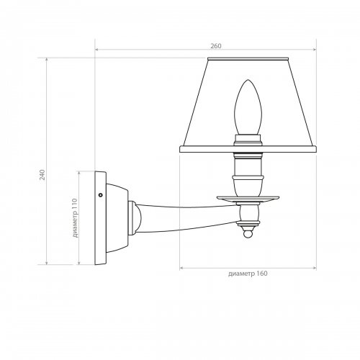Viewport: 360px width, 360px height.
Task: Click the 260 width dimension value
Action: [x=216, y=46]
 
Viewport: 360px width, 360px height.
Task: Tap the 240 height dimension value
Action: [x=42, y=175]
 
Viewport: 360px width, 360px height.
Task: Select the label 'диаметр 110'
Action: [x=75, y=218]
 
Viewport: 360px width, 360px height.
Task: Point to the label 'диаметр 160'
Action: [x=248, y=274]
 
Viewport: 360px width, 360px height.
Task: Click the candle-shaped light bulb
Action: [x=248, y=107]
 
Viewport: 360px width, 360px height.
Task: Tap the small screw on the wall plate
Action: [x=101, y=195]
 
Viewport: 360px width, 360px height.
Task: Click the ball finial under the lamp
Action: [x=248, y=233]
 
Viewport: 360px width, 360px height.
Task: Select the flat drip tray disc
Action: [x=248, y=198]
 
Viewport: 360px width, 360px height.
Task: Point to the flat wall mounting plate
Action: [x=100, y=218]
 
